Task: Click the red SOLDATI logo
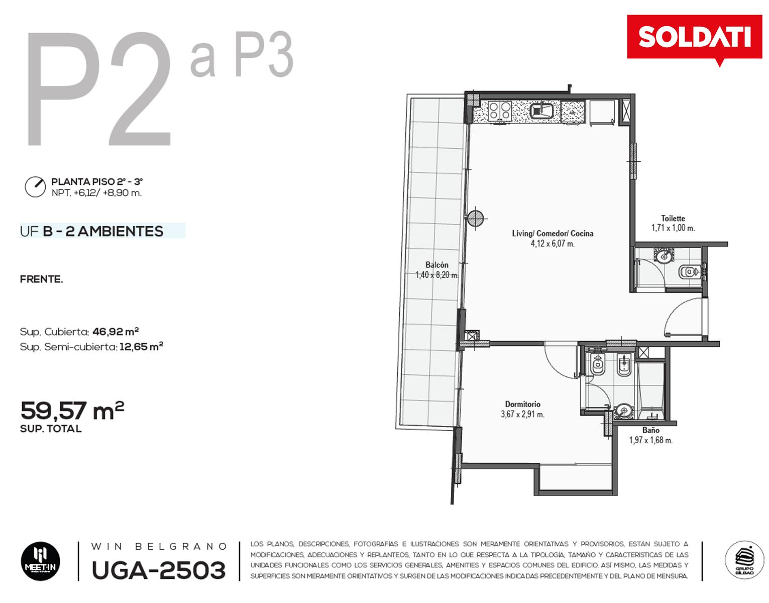click(694, 38)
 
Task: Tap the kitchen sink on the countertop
click(541, 111)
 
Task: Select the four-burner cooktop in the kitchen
click(499, 110)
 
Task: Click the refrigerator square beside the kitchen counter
click(602, 112)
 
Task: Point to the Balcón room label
click(436, 265)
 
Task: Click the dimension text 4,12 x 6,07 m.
click(553, 244)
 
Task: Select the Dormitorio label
click(523, 404)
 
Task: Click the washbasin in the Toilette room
click(664, 255)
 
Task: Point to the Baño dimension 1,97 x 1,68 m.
click(651, 440)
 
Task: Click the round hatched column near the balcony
click(475, 219)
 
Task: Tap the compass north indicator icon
click(35, 186)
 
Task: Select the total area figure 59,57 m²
click(72, 411)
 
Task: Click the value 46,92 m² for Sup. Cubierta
click(116, 332)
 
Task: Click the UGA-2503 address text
click(159, 570)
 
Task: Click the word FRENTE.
click(41, 279)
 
